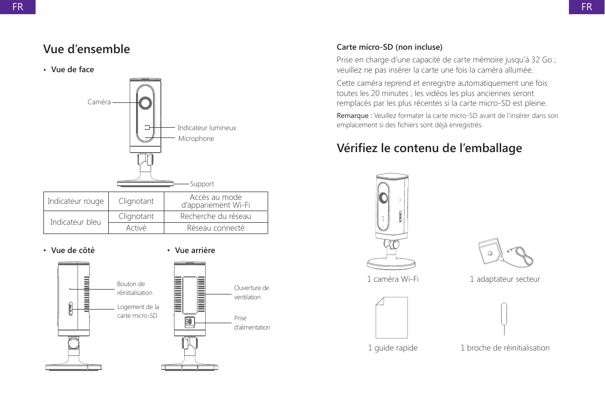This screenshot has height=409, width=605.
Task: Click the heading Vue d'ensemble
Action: click(x=87, y=49)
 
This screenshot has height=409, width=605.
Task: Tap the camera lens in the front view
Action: click(x=145, y=103)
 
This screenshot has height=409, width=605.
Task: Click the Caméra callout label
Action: click(x=99, y=102)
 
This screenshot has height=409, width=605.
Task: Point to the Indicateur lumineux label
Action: click(x=207, y=128)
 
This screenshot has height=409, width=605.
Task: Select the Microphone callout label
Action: click(x=196, y=139)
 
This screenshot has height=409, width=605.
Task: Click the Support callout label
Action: click(x=202, y=184)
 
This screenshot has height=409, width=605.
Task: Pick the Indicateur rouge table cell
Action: click(x=76, y=201)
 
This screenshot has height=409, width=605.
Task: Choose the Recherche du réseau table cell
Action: click(x=215, y=216)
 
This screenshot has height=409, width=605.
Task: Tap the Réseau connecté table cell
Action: click(x=215, y=228)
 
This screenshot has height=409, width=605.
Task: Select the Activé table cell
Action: click(x=136, y=228)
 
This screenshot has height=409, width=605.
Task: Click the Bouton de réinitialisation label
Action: click(x=135, y=288)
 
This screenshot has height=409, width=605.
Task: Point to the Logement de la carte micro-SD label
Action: click(x=138, y=311)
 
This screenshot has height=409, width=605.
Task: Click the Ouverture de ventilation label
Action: click(x=251, y=292)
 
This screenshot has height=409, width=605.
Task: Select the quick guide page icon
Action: click(x=391, y=319)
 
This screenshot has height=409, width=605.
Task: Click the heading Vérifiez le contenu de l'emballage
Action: click(x=429, y=148)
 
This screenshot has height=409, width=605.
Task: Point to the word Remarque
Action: click(x=353, y=116)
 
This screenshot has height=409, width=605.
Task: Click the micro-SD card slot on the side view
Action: click(x=71, y=309)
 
